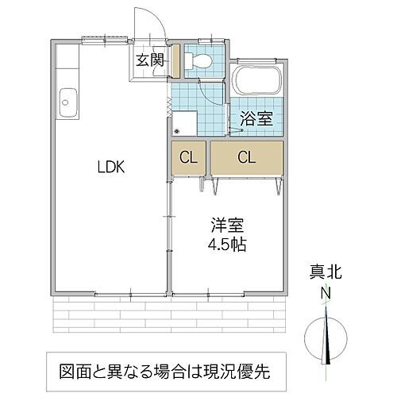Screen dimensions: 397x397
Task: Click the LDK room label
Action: pos(110,168)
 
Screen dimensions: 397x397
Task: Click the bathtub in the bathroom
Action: pos(256,81)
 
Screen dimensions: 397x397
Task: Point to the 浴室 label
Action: pos(256,120)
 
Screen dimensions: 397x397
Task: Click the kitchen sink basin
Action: pos(66,101)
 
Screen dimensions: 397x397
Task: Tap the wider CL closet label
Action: pos(246,156)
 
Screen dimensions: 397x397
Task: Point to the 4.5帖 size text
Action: pos(226,245)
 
